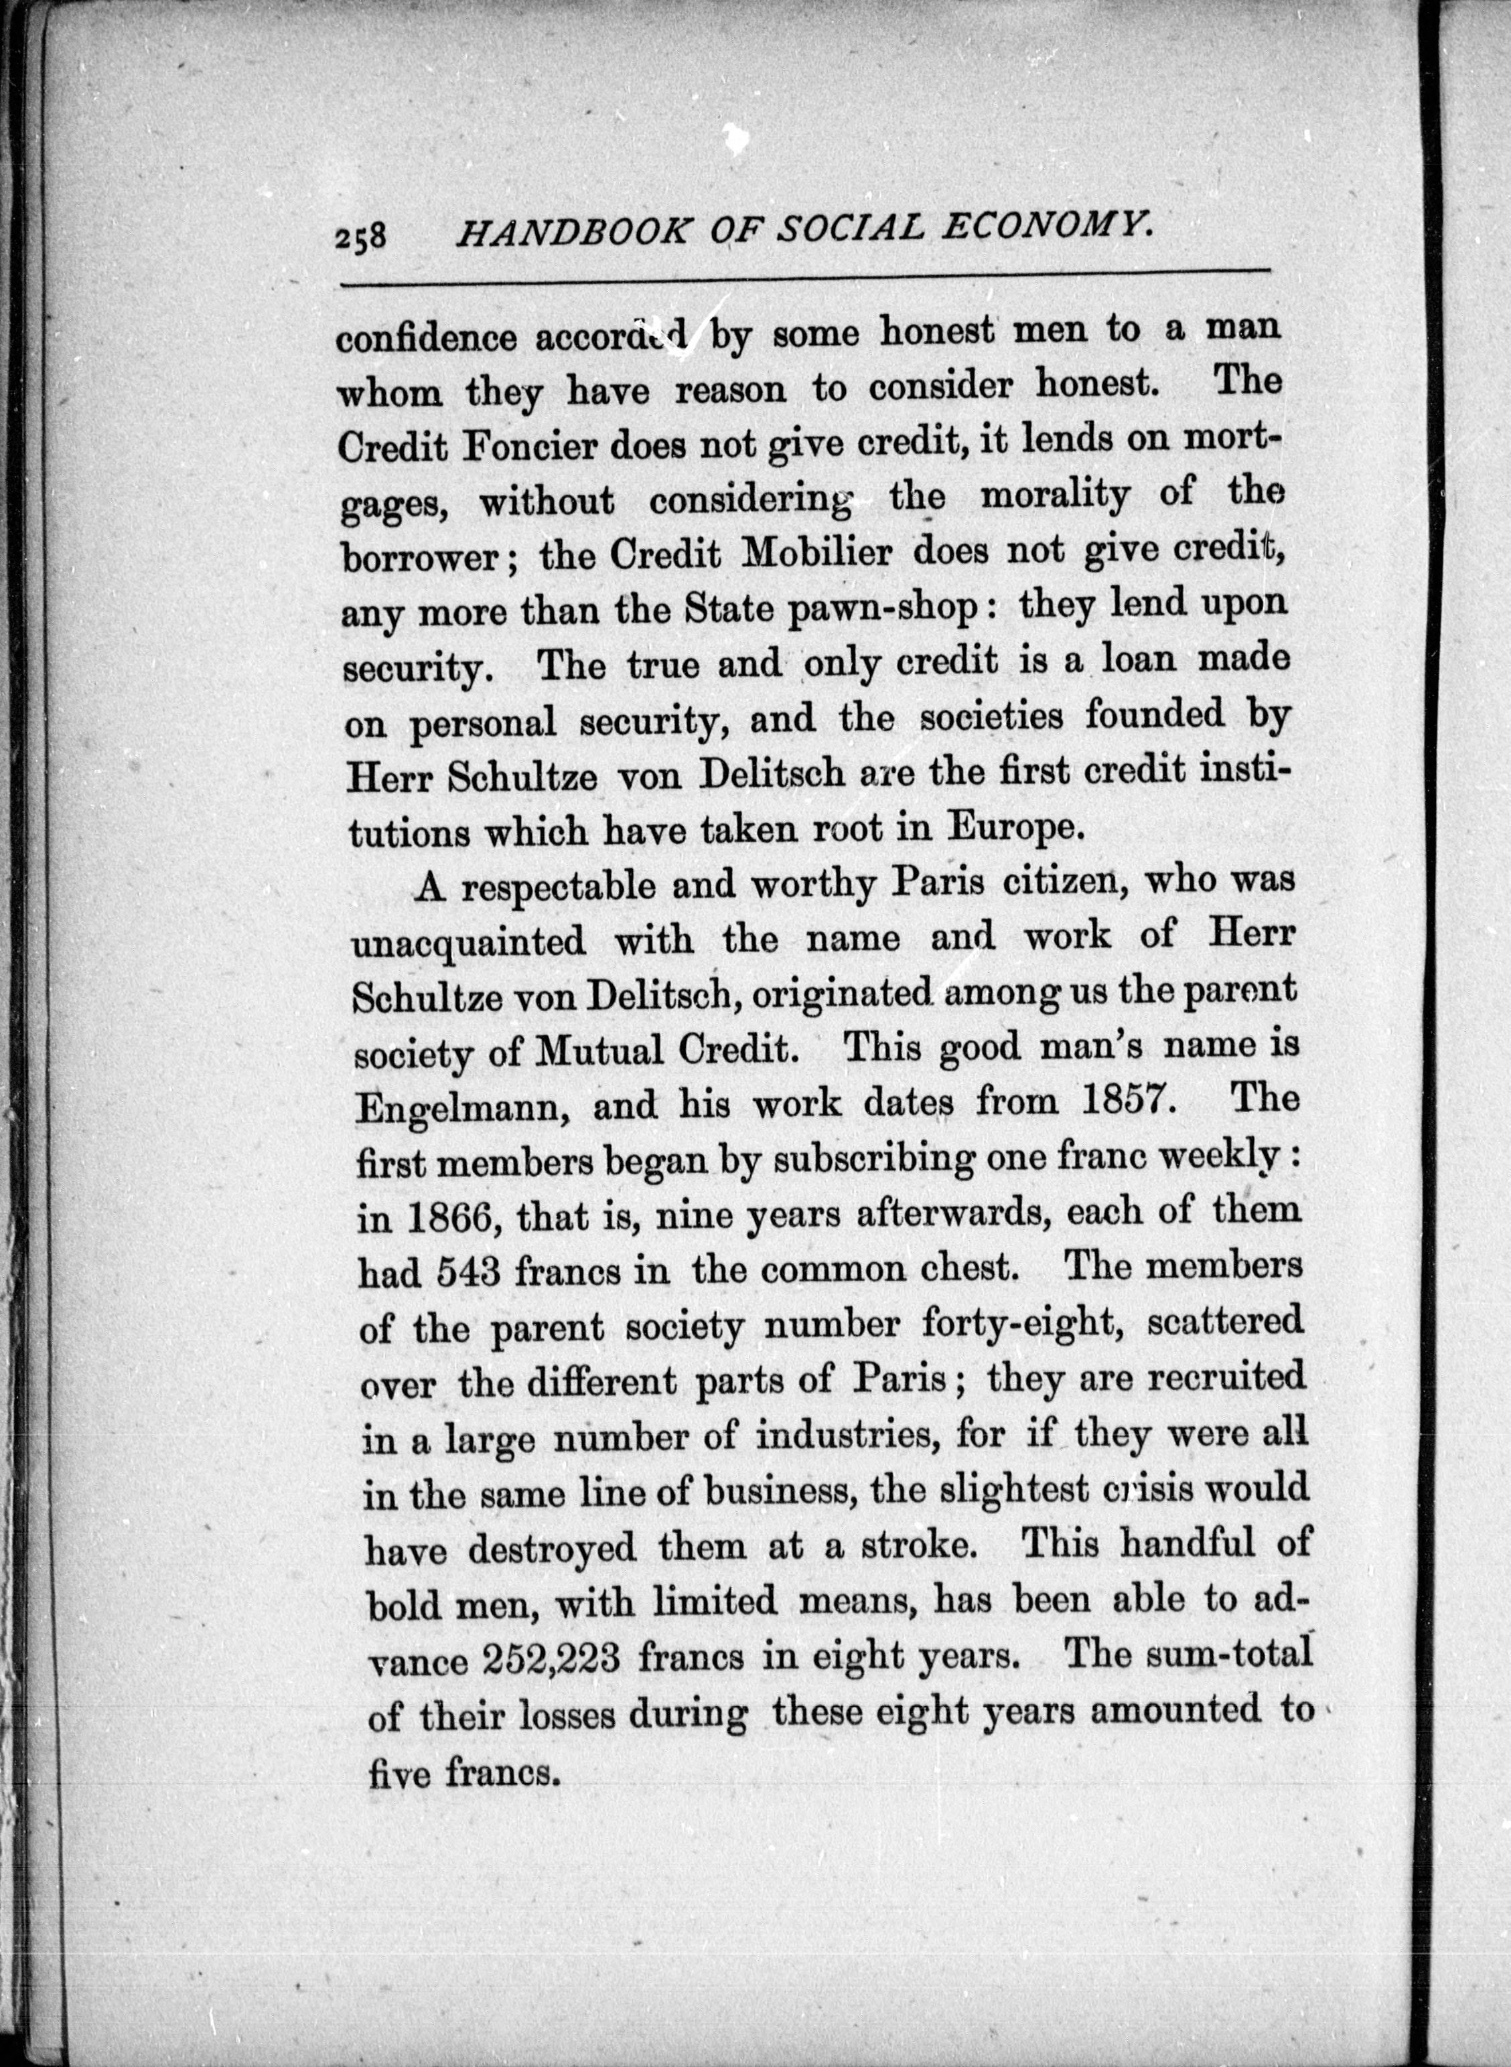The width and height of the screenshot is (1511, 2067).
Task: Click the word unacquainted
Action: tap(470, 943)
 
